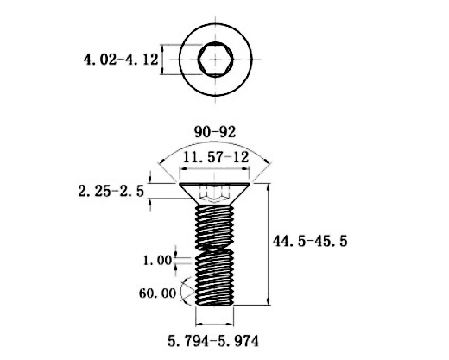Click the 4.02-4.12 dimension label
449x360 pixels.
coord(121,60)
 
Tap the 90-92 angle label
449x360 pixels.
coord(215,132)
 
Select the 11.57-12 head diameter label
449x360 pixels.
coord(216,157)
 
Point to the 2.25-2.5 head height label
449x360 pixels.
coord(111,191)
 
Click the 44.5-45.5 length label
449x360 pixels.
coord(310,241)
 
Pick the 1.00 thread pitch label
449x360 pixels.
coord(157,261)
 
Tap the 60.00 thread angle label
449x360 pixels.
coord(157,294)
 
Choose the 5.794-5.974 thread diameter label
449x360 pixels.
coord(213,341)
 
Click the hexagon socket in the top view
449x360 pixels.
coord(216,60)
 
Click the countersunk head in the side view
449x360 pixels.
coord(214,194)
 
